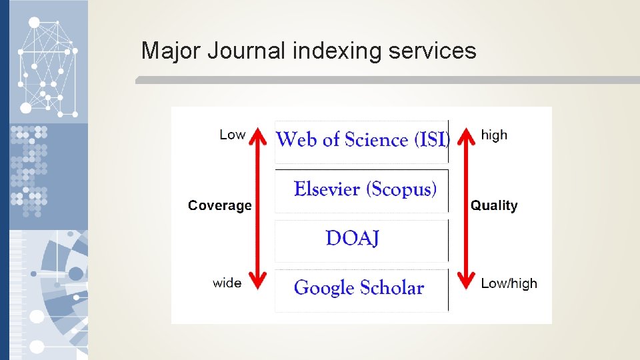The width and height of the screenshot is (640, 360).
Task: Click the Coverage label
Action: (220, 206)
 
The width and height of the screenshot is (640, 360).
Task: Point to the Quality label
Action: (494, 206)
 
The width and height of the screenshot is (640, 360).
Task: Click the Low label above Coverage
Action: (232, 135)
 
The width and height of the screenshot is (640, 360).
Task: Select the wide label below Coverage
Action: (227, 283)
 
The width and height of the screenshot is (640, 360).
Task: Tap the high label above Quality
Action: (494, 135)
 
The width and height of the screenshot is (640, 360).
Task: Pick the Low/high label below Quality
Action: (509, 283)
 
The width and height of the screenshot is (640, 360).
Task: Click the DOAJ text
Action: (353, 238)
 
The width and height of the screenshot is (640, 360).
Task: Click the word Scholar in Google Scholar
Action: (392, 288)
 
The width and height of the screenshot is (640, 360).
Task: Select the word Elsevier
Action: (327, 189)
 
